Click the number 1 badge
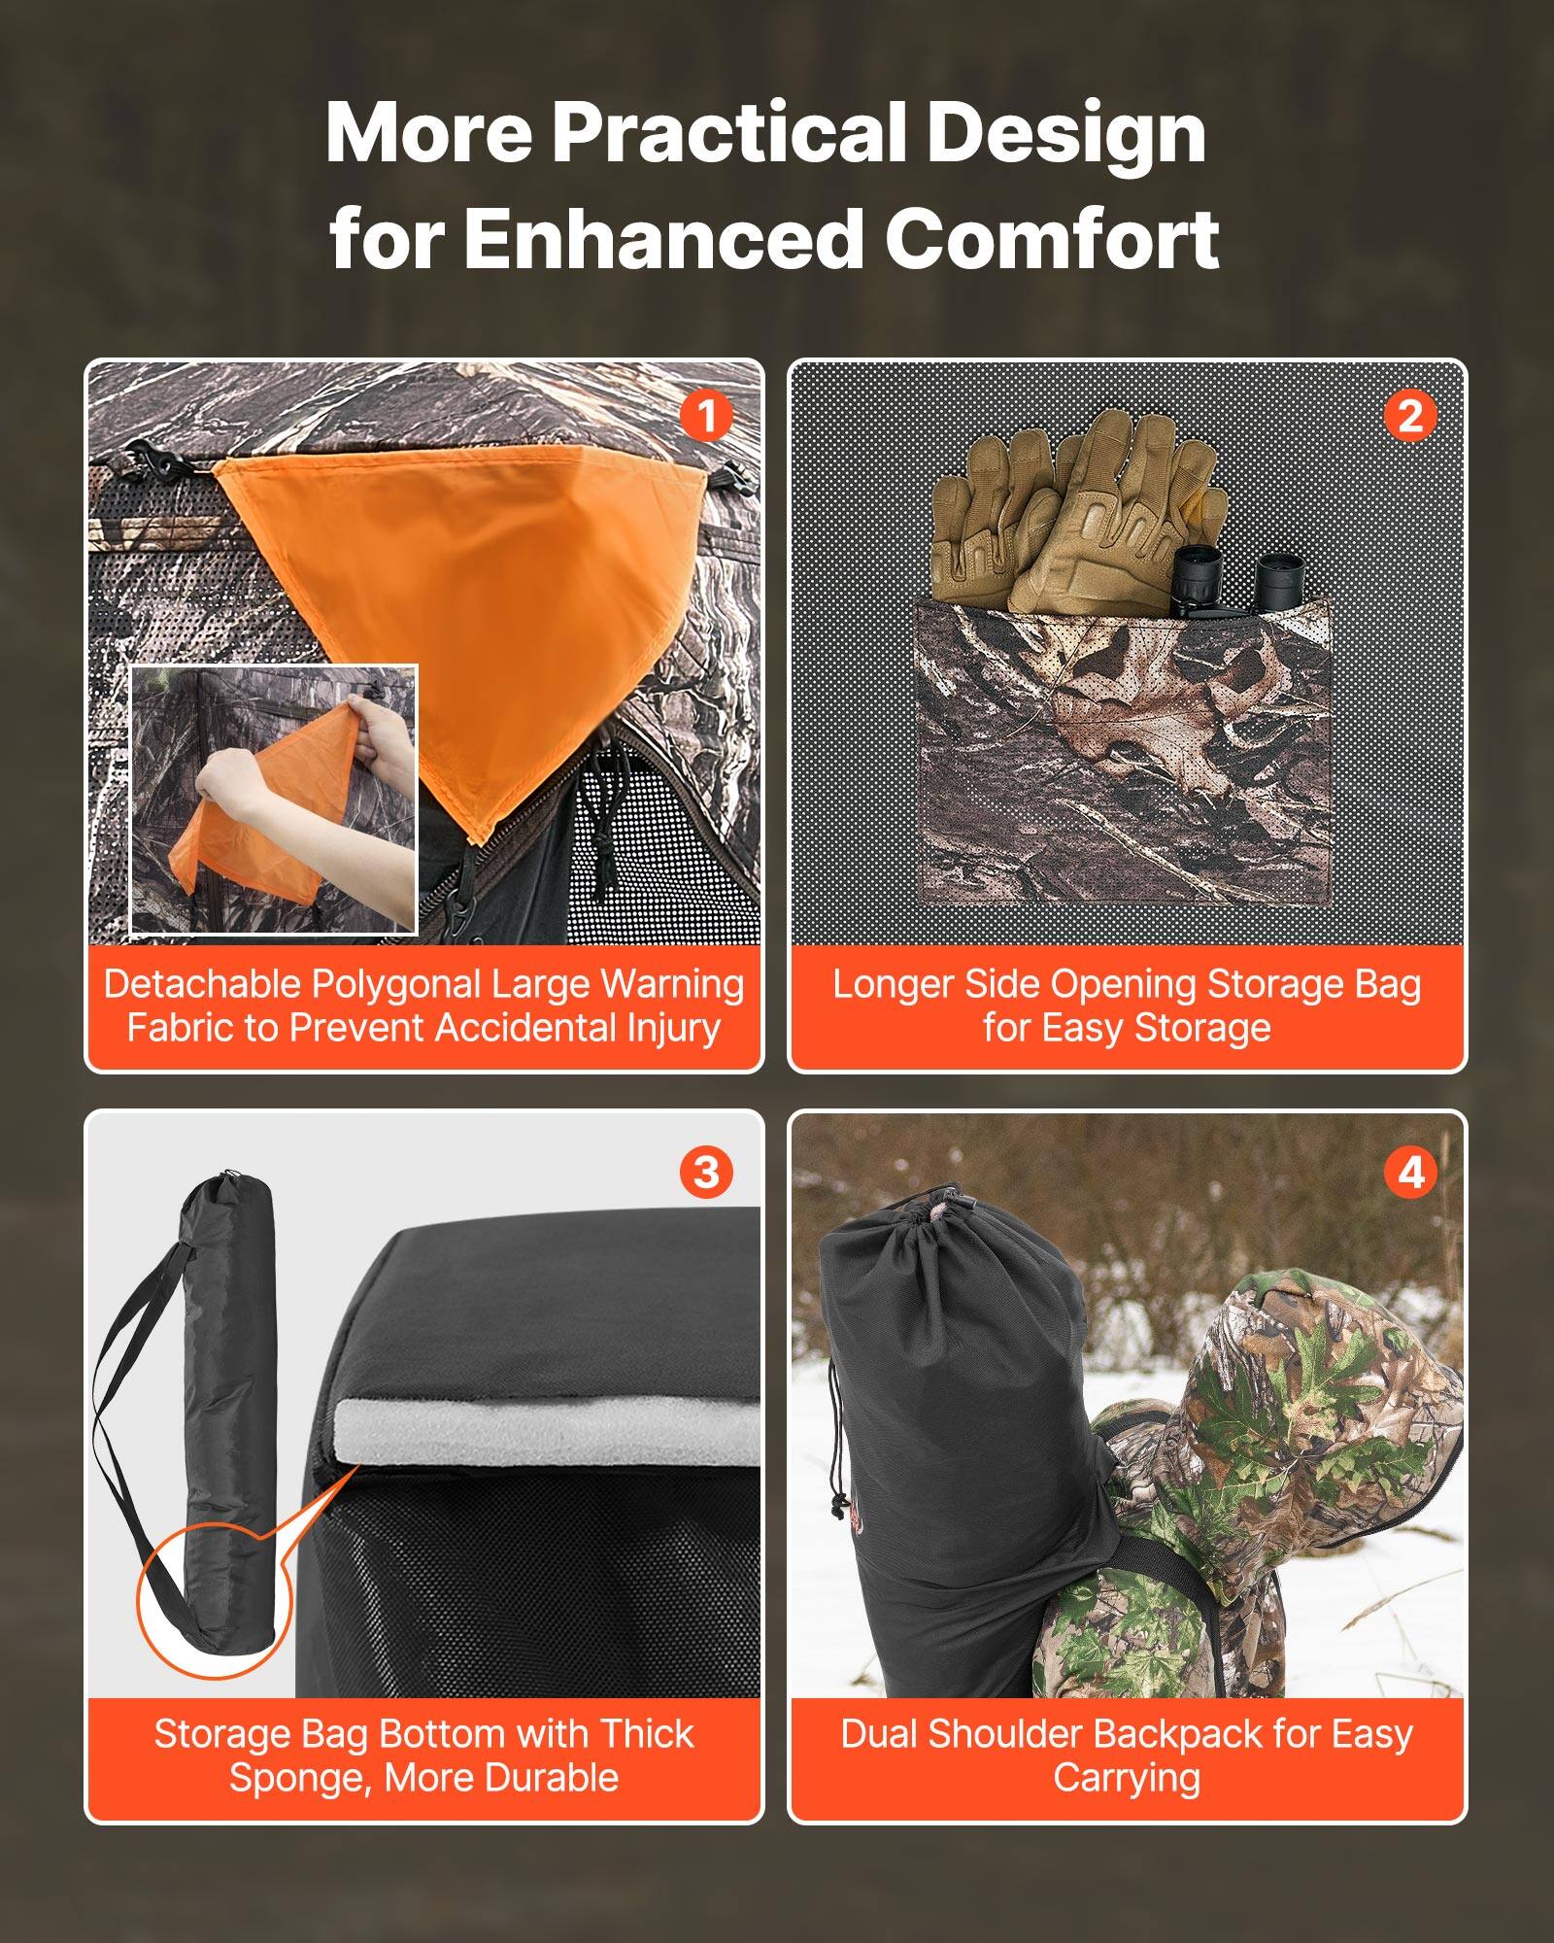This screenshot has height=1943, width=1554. point(706,417)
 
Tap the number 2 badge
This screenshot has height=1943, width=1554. point(1409,417)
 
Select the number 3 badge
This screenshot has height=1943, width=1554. point(706,1173)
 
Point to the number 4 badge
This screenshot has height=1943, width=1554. point(1409,1173)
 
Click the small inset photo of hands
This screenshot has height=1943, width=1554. point(274,799)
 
